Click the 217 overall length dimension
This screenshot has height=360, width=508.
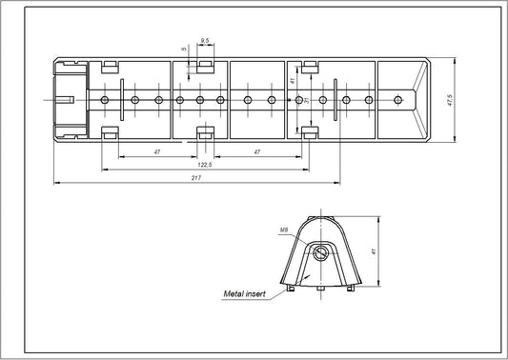pos(194,177)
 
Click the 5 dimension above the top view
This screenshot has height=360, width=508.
pos(182,52)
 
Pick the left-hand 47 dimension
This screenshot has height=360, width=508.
pos(154,152)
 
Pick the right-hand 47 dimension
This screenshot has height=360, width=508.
pos(256,152)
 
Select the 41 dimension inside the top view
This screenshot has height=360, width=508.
pos(293,83)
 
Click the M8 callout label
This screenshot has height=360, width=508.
pos(285,230)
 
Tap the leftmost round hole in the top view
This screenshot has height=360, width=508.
pos(104,99)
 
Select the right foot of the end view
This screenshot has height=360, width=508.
pos(354,288)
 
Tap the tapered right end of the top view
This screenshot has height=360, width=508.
pos(419,99)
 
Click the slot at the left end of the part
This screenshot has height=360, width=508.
pos(66,99)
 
